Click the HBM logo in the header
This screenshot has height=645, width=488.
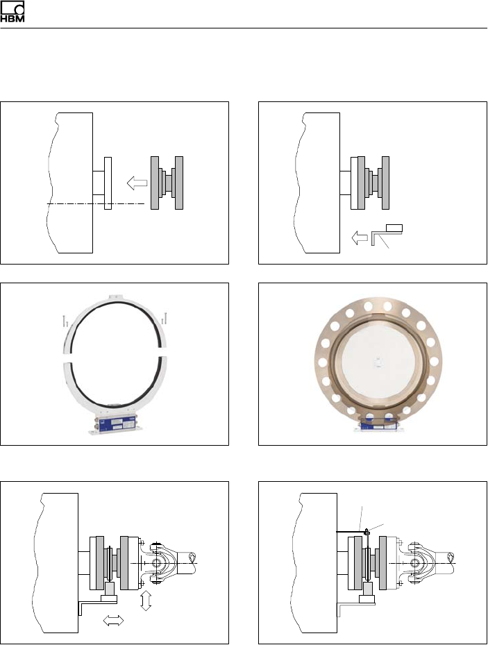click(12, 12)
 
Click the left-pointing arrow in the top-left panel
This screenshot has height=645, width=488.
click(137, 183)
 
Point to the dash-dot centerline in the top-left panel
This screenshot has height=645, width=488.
click(96, 203)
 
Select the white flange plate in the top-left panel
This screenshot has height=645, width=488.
click(108, 183)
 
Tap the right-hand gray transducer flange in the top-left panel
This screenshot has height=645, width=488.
click(179, 183)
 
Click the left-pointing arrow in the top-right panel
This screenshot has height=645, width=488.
click(360, 237)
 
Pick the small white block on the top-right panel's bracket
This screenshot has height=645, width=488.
click(395, 228)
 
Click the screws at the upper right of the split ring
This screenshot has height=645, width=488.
click(164, 317)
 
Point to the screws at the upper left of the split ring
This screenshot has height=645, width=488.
click(65, 321)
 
